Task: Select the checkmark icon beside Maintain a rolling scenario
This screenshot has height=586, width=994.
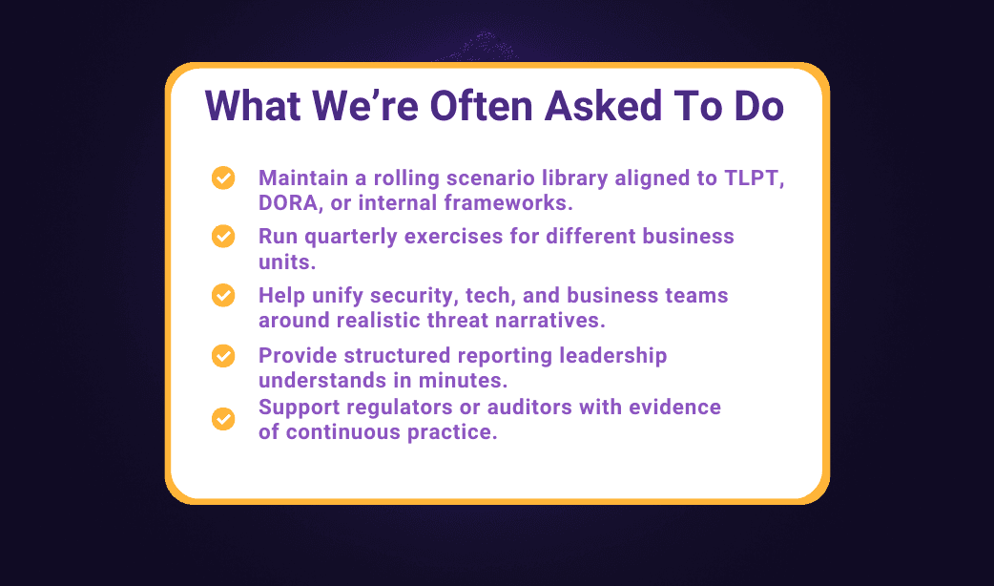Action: (x=223, y=178)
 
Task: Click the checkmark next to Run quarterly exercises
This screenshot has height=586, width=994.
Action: (x=223, y=236)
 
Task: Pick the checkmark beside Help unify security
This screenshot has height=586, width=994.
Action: (x=223, y=295)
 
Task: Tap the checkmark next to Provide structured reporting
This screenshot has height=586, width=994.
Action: (x=223, y=356)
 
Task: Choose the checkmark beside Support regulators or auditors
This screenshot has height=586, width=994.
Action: (x=223, y=419)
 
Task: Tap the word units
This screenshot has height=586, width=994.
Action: (x=287, y=262)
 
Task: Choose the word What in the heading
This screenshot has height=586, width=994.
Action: (x=252, y=105)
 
